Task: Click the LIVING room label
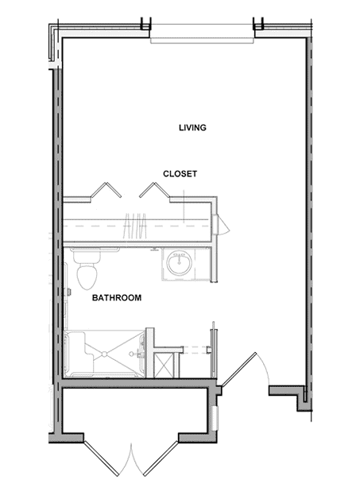click(x=192, y=127)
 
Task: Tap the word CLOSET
click(x=180, y=174)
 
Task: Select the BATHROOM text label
click(x=117, y=297)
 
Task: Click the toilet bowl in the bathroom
click(x=87, y=277)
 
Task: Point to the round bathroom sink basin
click(x=180, y=263)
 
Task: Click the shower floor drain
click(x=104, y=354)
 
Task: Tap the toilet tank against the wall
click(x=87, y=256)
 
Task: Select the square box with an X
click(x=164, y=366)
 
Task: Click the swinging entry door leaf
click(x=238, y=370)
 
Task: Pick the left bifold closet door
click(x=106, y=190)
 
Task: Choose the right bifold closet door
click(x=154, y=190)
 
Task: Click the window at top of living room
click(x=202, y=33)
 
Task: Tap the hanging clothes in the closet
click(x=135, y=226)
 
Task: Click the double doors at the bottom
click(x=131, y=459)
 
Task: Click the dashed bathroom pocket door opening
click(x=196, y=350)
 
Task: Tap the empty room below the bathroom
click(x=134, y=411)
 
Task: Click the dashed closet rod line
click(x=137, y=226)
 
